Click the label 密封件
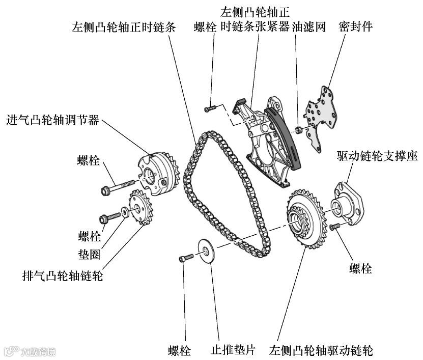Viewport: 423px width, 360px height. [x=355, y=27]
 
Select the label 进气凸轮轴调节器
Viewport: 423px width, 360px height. [x=52, y=121]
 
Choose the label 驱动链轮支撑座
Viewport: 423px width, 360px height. [x=377, y=156]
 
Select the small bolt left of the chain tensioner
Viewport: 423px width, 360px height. [x=210, y=108]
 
